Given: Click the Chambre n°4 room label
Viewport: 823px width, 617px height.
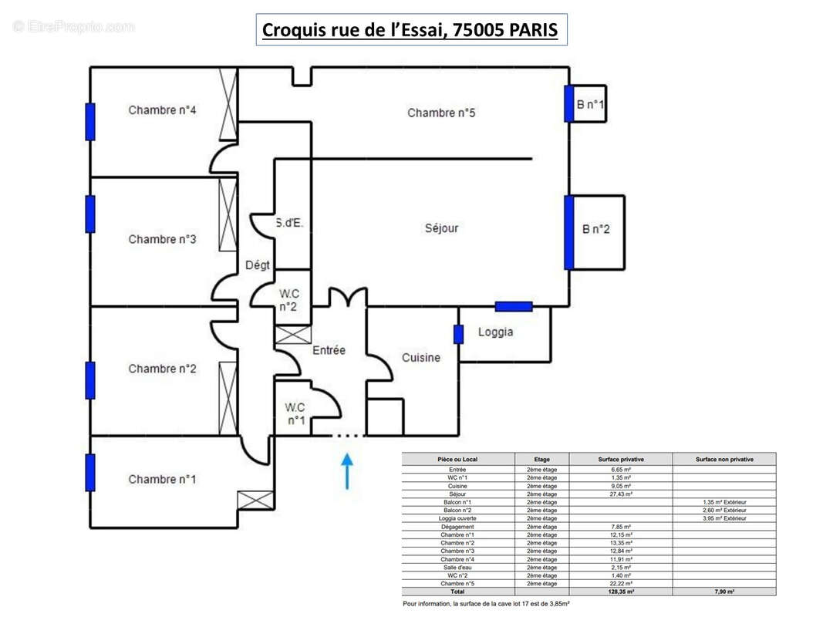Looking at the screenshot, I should click(x=162, y=110).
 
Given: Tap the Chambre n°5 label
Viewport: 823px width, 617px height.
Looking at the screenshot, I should click(x=441, y=113).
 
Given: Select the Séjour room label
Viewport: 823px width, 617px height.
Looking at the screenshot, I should click(x=441, y=228).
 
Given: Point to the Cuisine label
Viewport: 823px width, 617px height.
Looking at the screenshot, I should click(x=421, y=358).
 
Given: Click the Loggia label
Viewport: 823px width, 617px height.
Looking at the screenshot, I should click(x=495, y=332).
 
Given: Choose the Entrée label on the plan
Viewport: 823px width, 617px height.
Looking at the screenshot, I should click(x=329, y=350).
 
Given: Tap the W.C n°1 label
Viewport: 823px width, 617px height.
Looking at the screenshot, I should click(x=295, y=413).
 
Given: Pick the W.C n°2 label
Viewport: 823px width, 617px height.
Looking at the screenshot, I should click(x=289, y=300).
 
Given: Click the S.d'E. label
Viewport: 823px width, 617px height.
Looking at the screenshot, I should click(x=290, y=224).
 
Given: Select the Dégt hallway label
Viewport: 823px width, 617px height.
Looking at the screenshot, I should click(x=258, y=265).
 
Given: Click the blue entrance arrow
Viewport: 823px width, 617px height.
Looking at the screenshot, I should click(x=347, y=470).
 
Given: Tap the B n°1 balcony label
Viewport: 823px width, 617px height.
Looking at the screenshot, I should click(x=591, y=104).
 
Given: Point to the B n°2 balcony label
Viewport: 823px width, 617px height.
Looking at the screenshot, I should click(x=596, y=229).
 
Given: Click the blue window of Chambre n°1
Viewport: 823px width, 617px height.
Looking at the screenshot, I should click(x=90, y=473).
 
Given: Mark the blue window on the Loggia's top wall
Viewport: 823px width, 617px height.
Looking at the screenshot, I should click(x=514, y=306).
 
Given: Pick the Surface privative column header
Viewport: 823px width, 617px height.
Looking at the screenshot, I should click(x=620, y=459).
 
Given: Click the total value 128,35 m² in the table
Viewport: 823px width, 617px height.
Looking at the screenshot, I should click(x=620, y=592).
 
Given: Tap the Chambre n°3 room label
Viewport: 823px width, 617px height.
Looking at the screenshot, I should click(x=162, y=239).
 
